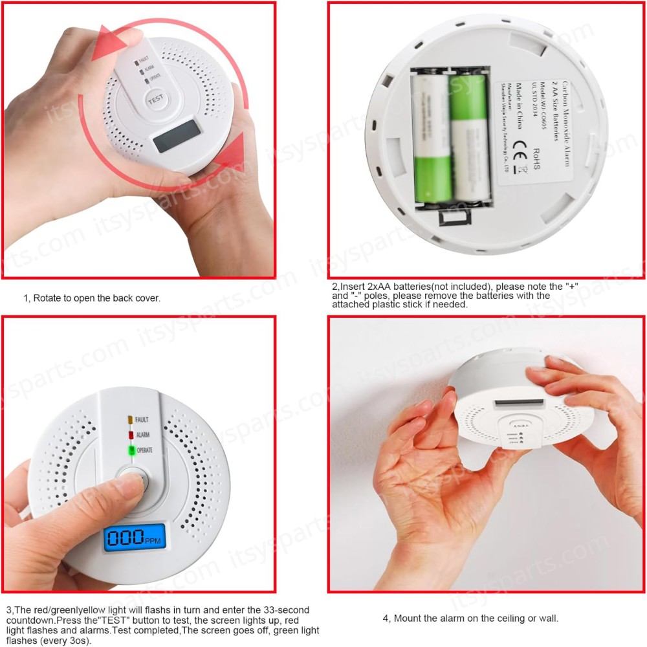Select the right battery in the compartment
coord(468,136)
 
